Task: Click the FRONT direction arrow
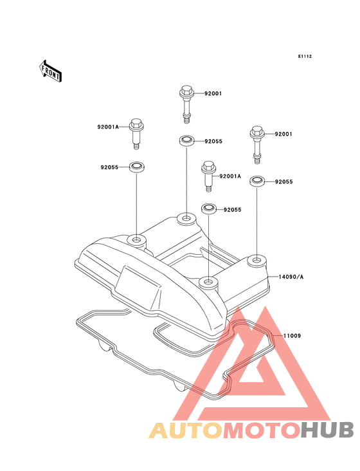50,71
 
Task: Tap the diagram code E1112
305,56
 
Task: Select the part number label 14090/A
291,277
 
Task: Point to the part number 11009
292,336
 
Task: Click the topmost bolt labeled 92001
186,104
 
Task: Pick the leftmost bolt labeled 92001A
136,133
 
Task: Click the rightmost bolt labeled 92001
256,145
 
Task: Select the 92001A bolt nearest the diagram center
209,176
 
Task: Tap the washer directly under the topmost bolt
186,140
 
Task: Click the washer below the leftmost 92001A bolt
136,167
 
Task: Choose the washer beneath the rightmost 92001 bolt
257,181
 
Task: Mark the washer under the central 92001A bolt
208,208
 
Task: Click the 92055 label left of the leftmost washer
109,167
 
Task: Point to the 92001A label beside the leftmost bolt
108,127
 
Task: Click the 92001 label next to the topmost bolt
213,93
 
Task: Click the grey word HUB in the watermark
328,430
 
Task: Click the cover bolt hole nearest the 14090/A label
256,259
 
